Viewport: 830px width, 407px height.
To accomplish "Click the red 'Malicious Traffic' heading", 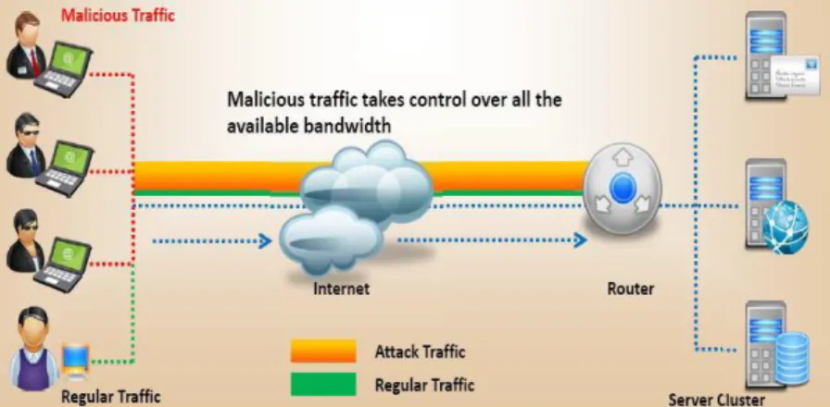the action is coord(118,15).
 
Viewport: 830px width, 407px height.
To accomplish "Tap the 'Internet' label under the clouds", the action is coord(342,290).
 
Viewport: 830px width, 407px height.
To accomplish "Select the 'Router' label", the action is coord(631,290).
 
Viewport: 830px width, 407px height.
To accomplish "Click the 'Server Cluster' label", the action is coord(716,399).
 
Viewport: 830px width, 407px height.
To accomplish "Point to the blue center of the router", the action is coord(622,188).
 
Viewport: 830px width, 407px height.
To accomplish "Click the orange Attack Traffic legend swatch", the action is coord(323,351).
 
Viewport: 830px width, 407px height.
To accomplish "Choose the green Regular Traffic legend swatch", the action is coord(323,384).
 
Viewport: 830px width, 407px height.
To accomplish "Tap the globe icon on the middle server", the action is coord(786,228).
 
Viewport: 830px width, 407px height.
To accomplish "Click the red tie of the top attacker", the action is coord(35,62).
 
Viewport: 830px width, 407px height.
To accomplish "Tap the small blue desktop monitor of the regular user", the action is coord(76,360).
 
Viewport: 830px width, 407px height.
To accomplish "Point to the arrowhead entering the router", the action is coord(580,240).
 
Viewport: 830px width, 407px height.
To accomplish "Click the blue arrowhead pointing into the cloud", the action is coord(265,241).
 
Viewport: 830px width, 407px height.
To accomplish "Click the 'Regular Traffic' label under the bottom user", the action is coord(110,396).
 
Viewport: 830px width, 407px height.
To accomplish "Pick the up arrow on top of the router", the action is coord(622,157).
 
